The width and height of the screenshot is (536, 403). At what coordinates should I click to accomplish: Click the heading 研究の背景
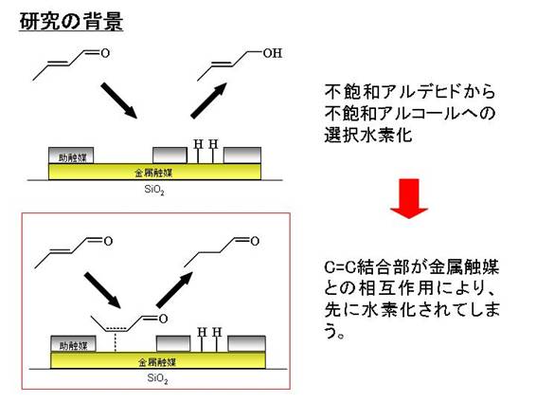(71, 22)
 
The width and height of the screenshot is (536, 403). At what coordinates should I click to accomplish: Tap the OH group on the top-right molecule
(273, 53)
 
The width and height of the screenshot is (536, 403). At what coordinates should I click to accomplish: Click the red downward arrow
(409, 198)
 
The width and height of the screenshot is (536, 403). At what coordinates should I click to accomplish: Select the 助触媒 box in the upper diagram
(71, 156)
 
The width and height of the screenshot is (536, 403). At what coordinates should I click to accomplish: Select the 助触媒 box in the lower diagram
(73, 344)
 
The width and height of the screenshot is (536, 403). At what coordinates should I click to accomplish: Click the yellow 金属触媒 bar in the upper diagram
(155, 172)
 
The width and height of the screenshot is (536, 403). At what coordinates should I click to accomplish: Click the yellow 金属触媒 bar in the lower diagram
(158, 360)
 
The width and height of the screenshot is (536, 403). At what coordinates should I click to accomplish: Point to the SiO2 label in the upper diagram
(154, 190)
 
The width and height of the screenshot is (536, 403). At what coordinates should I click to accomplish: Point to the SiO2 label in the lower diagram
(157, 378)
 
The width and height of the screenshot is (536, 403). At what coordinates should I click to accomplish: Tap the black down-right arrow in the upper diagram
(119, 101)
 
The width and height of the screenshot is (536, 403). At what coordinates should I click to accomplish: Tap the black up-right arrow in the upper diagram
(209, 101)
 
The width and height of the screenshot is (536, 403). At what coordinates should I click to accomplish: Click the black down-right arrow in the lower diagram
(102, 290)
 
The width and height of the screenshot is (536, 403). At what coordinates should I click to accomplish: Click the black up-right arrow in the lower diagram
(174, 289)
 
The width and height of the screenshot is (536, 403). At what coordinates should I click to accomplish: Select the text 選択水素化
(368, 135)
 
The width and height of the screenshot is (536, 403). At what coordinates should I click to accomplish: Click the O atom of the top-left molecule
(105, 53)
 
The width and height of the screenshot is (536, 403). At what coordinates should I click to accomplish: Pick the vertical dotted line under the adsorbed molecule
(116, 341)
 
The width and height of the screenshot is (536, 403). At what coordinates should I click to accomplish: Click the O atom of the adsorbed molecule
(163, 320)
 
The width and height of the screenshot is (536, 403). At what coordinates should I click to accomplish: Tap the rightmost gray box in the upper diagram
(242, 156)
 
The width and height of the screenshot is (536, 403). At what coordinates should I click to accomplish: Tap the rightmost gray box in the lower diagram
(247, 344)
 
